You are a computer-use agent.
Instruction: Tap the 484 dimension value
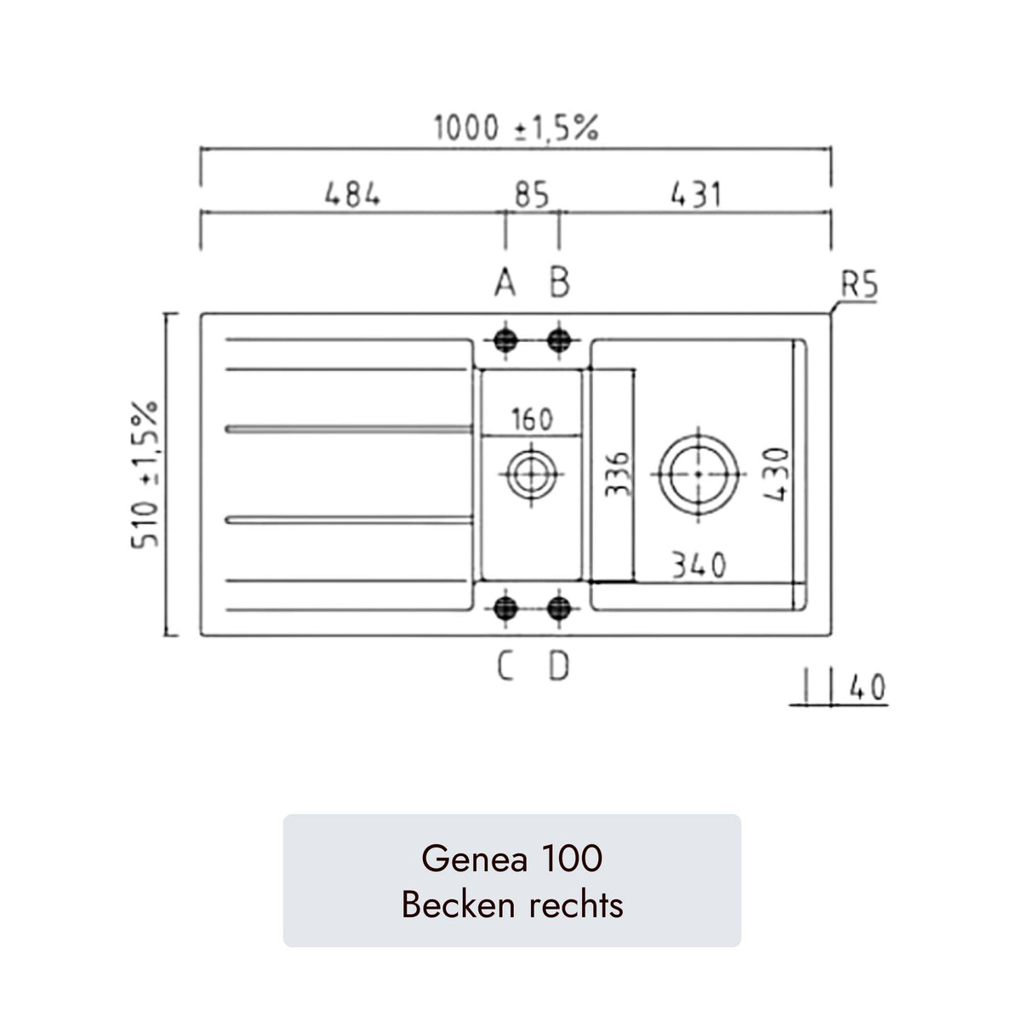tap(352, 195)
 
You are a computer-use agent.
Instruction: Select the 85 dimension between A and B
tap(532, 196)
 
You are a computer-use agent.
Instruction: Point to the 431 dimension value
tap(695, 195)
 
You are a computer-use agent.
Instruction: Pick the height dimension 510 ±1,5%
tap(146, 474)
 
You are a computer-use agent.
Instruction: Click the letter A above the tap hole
tap(505, 283)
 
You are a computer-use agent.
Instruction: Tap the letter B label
tap(559, 283)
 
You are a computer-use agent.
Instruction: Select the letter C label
tap(505, 668)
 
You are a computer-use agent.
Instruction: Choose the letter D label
tap(558, 668)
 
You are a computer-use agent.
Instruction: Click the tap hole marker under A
tap(506, 340)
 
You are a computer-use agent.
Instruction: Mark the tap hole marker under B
tap(559, 340)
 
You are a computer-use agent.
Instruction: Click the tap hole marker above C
tap(506, 608)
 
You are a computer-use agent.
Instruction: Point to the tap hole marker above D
tap(559, 608)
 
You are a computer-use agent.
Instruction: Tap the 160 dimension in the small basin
tap(532, 419)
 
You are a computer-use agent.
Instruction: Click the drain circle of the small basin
tap(532, 473)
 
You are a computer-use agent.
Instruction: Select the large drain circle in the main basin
tap(698, 473)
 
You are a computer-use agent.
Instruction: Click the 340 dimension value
tap(699, 565)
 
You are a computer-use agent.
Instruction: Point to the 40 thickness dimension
tap(867, 688)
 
